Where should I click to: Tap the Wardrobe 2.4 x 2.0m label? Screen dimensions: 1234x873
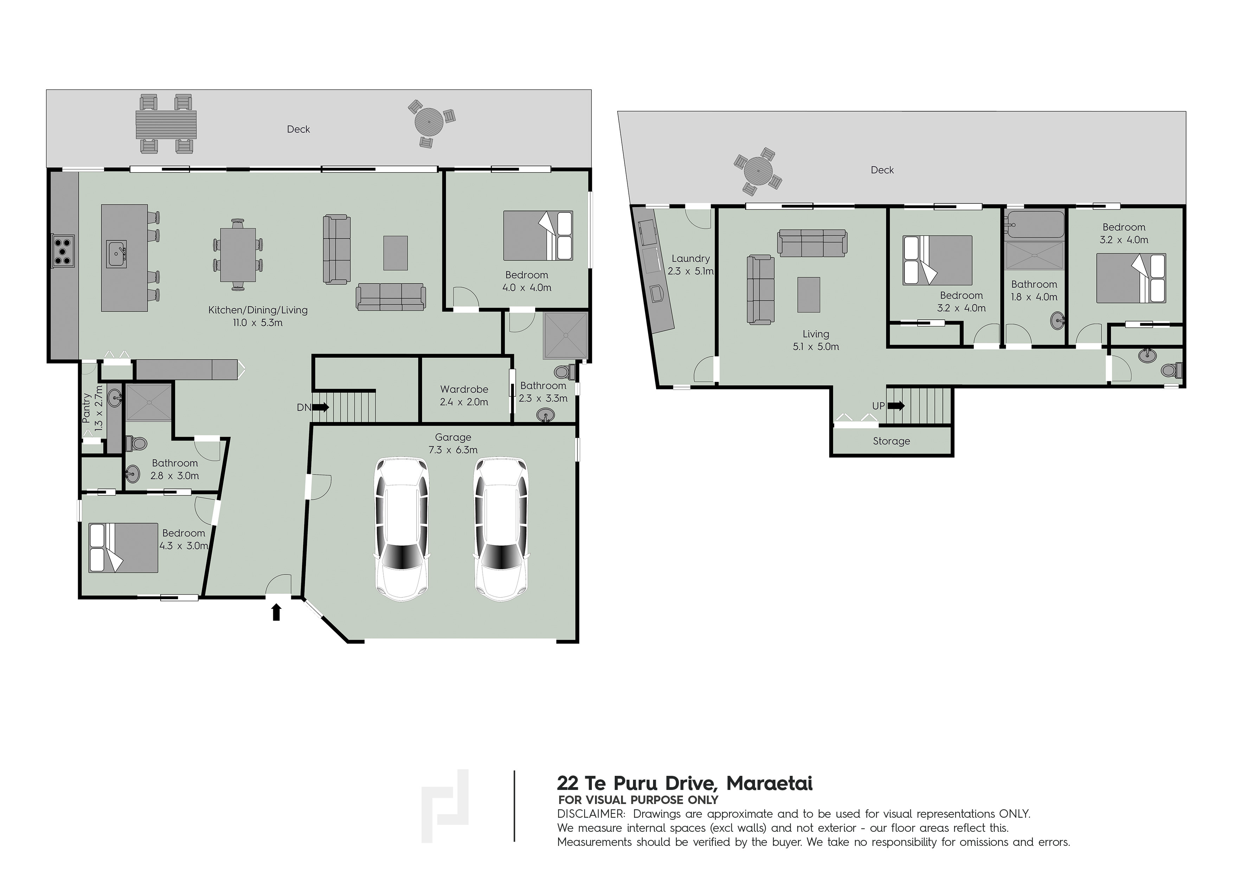click(x=464, y=395)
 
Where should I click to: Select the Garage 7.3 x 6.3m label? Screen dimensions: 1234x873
click(x=453, y=443)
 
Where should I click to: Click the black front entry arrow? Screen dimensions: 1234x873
click(x=276, y=612)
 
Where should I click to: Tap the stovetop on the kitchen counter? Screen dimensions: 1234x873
click(x=63, y=251)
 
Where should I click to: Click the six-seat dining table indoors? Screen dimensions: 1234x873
click(x=238, y=255)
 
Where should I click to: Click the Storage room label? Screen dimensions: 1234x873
click(x=891, y=441)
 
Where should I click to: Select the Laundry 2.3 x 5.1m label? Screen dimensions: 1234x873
click(x=691, y=265)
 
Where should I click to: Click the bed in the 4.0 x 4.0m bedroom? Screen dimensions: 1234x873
click(x=538, y=235)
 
